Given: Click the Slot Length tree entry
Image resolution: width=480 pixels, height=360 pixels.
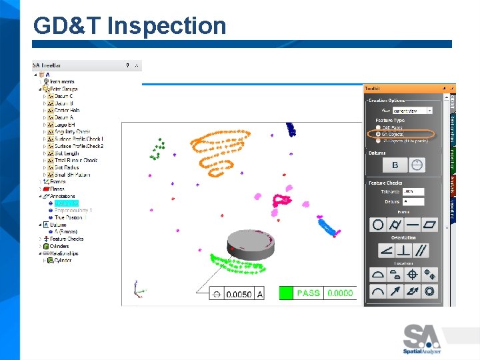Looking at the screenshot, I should coord(66,153).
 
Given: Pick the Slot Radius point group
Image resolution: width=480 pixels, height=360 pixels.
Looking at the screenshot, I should coord(66,167).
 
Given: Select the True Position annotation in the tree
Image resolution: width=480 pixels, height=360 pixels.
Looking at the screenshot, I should coord(69,217).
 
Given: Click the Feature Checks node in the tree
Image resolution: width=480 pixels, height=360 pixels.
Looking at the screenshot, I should coord(66,239).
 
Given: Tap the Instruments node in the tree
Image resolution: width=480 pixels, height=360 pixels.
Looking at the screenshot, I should coord(62,82).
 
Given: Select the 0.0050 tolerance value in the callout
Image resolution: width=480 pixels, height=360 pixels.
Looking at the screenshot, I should coord(239,294).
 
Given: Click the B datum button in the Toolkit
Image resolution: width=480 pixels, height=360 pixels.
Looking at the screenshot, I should coord(395,165).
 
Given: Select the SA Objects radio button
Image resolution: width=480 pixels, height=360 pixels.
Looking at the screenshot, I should coord(379,133).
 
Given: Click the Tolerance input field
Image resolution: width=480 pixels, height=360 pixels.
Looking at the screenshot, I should coord(413,192).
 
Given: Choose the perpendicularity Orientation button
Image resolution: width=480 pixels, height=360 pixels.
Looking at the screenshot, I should coord(404,251).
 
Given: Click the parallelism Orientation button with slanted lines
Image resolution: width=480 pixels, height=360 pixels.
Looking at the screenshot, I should coord(421,251).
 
